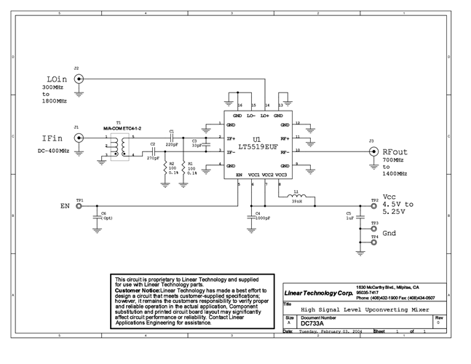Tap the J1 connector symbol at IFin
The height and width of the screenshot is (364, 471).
pyautogui.click(x=78, y=136)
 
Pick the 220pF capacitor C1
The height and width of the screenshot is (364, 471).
pyautogui.click(x=171, y=137)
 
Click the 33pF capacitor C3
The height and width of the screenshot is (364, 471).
pyautogui.click(x=205, y=145)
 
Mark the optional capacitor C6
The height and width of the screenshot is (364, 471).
pyautogui.click(x=98, y=217)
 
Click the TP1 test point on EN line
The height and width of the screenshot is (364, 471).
pyautogui.click(x=79, y=205)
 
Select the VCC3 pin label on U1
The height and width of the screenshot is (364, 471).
pyautogui.click(x=282, y=175)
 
